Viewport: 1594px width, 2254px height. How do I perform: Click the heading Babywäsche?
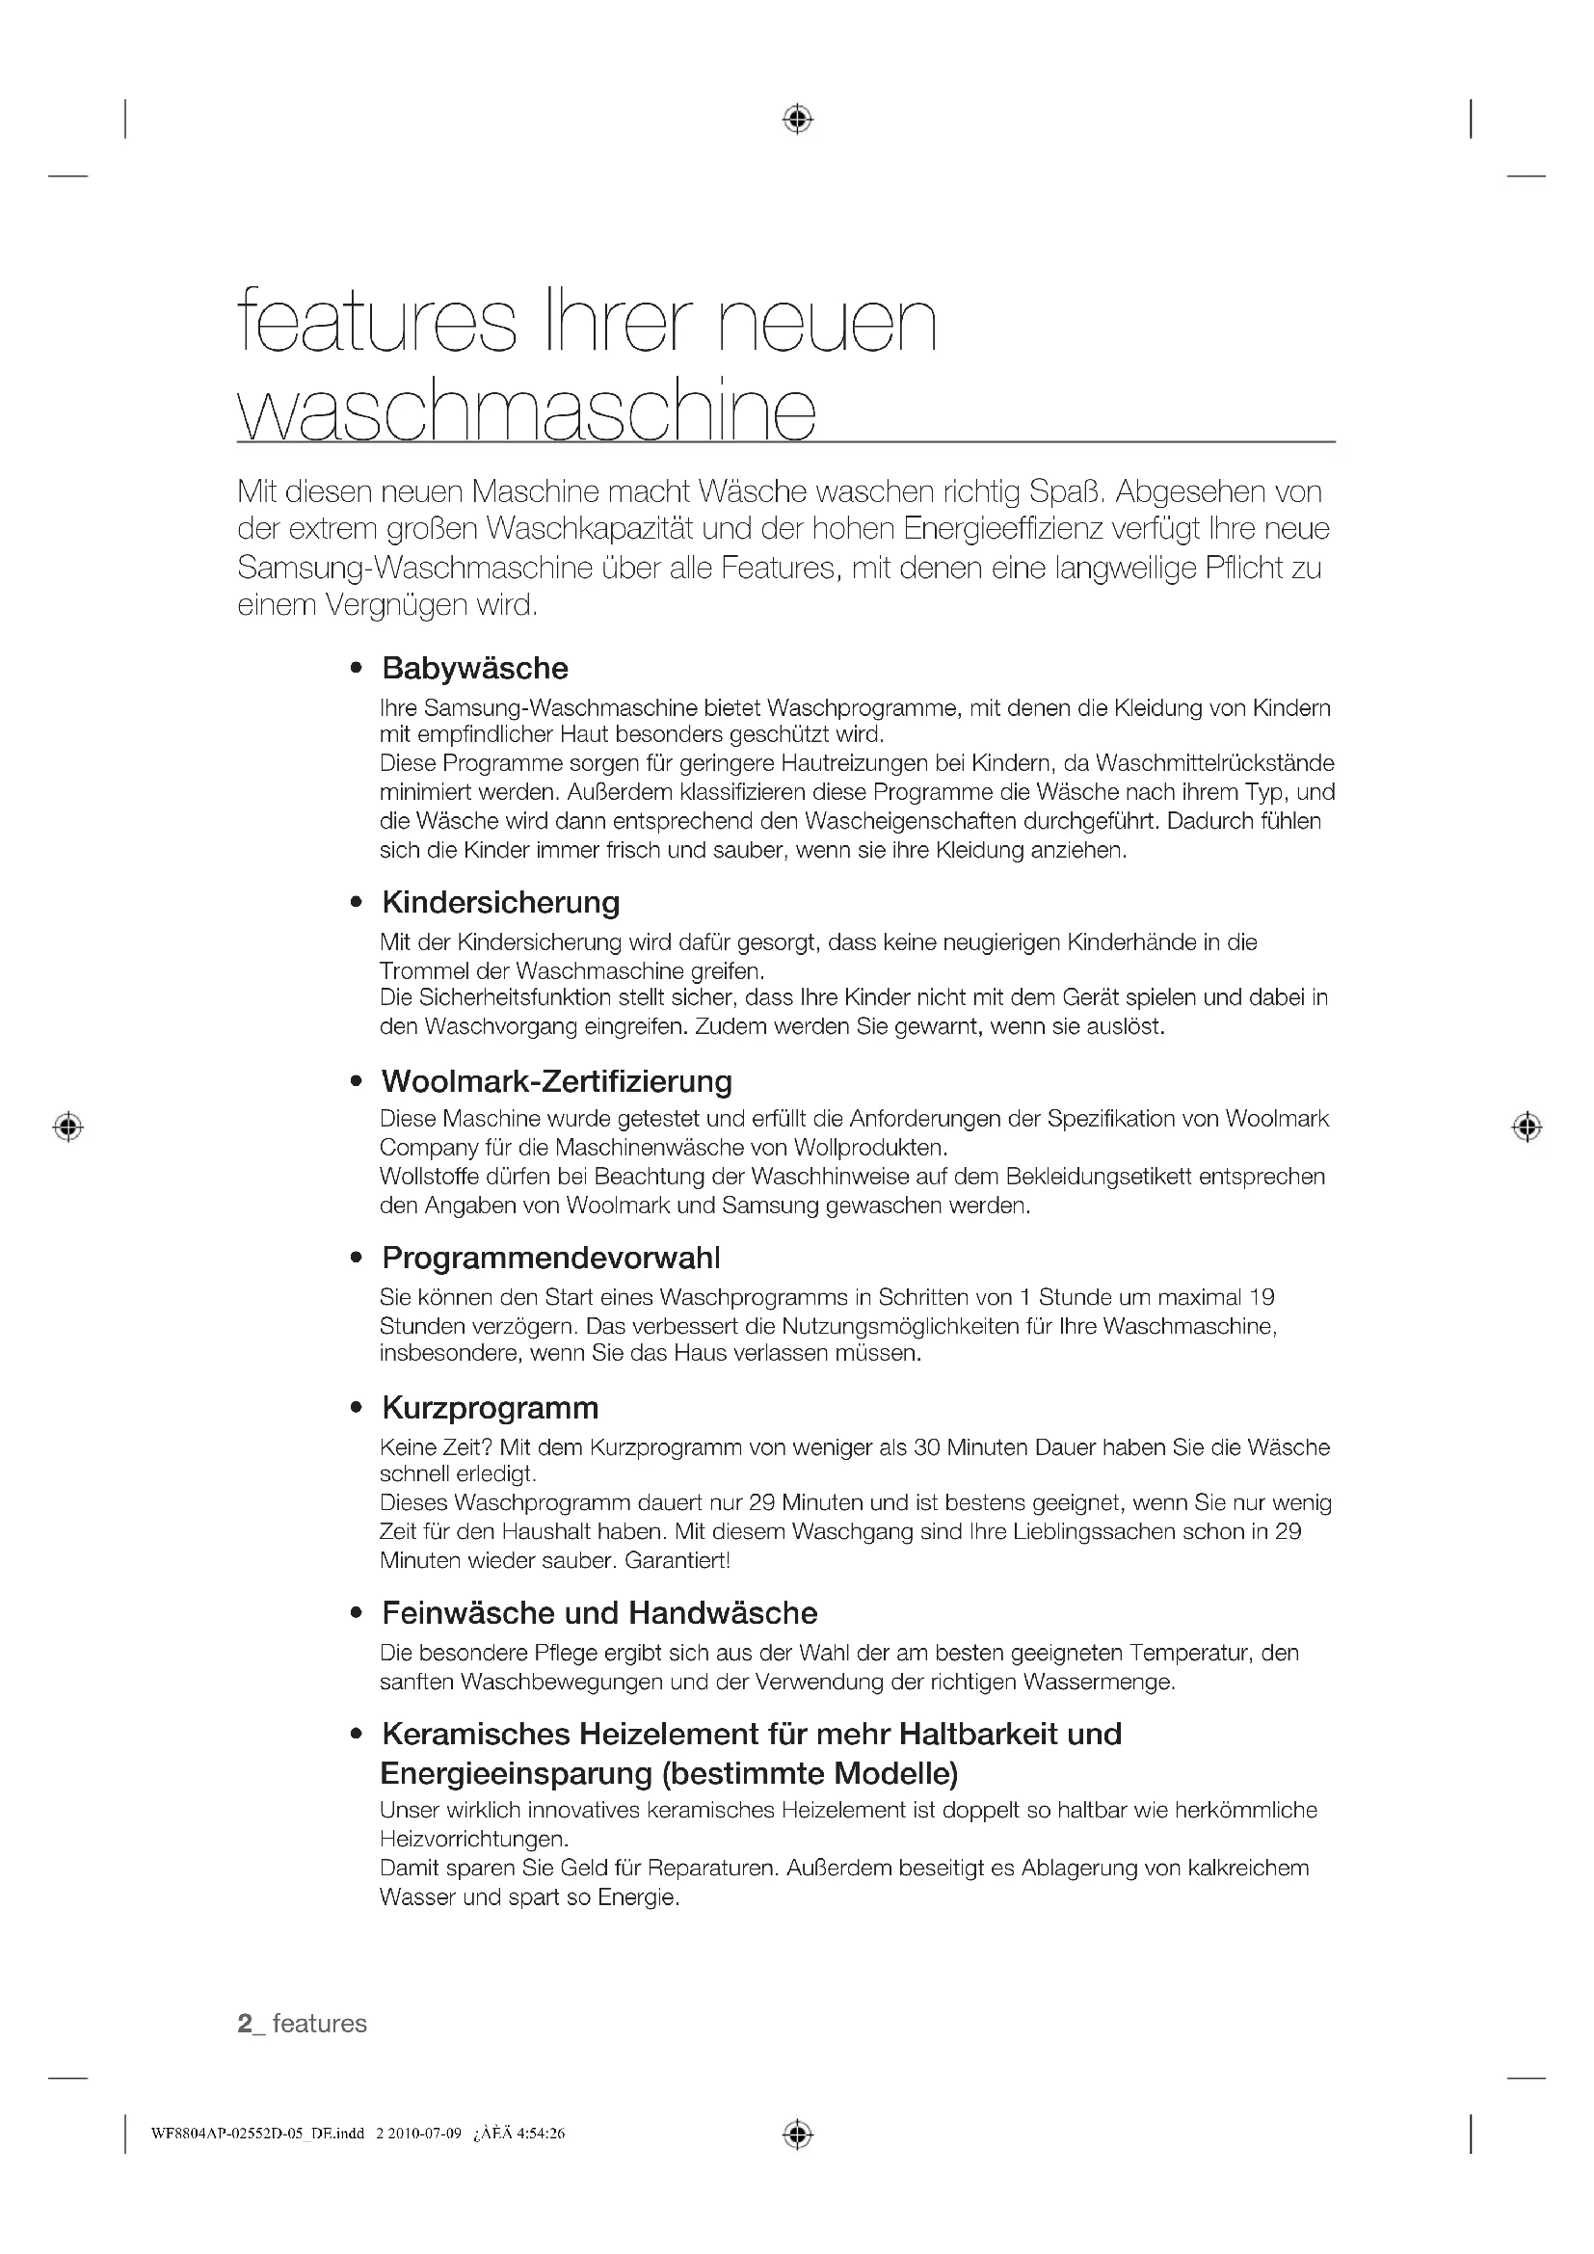475,669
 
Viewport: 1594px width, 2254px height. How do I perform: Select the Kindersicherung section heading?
500,902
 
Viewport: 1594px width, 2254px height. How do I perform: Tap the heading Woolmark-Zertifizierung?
556,1081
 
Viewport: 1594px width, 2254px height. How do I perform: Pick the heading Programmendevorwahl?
550,1258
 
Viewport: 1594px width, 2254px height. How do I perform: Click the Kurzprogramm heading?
490,1408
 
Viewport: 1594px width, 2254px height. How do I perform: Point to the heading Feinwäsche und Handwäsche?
599,1613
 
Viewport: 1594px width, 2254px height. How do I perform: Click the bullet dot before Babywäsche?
357,670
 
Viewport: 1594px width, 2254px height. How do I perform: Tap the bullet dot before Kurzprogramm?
357,1409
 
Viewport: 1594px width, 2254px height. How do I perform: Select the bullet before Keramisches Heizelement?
357,1735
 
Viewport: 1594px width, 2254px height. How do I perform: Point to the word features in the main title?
377,322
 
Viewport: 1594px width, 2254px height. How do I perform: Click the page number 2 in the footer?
246,2024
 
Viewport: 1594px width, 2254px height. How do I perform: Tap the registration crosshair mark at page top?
797,119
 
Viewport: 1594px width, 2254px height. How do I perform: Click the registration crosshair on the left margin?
67,1127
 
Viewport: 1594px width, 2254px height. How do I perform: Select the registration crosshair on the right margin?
1527,1127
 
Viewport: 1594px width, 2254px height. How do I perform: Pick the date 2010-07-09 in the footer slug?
424,2134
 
